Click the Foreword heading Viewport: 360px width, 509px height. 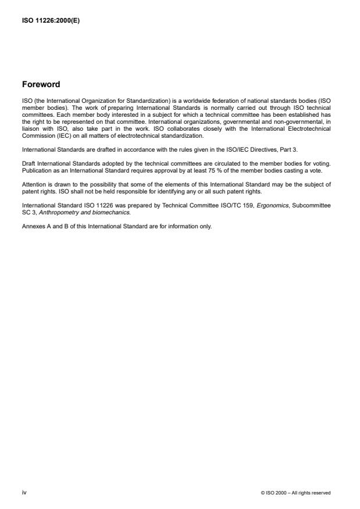[41, 84]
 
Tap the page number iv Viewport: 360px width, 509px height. [24, 492]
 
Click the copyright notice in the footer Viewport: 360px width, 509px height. [296, 493]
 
